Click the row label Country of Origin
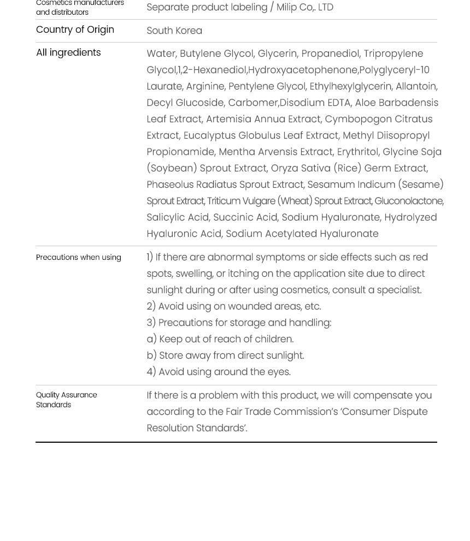(75, 29)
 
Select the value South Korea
(174, 31)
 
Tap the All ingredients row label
(68, 52)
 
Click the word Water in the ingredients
(161, 53)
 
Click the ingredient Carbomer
(253, 103)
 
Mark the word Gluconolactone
(409, 201)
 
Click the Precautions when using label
(78, 257)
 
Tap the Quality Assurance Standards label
(66, 400)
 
